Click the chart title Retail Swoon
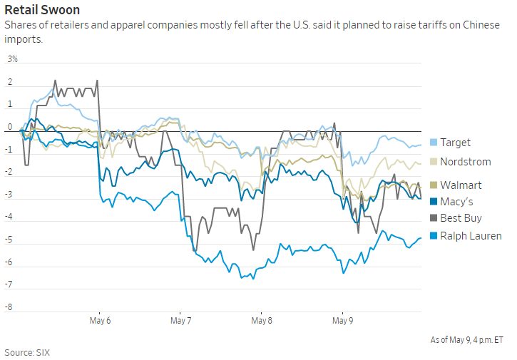click(x=42, y=11)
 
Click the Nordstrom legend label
click(x=465, y=162)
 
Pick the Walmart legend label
click(x=461, y=185)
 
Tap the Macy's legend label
click(x=456, y=202)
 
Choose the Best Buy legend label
click(x=461, y=217)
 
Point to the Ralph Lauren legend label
click(x=471, y=235)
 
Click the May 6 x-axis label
click(x=100, y=321)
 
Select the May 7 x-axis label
click(x=181, y=321)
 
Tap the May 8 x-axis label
click(x=262, y=321)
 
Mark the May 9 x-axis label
click(x=342, y=321)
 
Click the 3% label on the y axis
click(x=13, y=59)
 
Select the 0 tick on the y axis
click(x=10, y=128)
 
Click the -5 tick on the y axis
click(x=10, y=241)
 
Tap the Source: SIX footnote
click(x=27, y=352)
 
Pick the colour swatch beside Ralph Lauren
click(x=434, y=235)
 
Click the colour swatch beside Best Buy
click(x=434, y=217)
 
